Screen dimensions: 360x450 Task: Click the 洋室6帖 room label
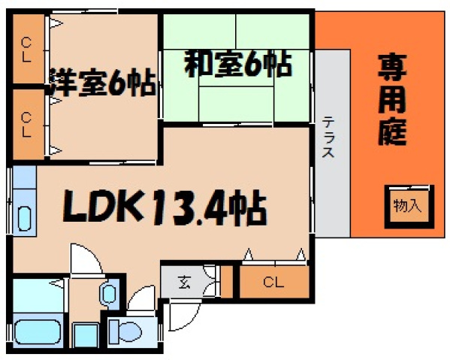pyautogui.click(x=102, y=82)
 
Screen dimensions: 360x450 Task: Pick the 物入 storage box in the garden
pyautogui.click(x=408, y=205)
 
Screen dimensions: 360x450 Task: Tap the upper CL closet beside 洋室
pyautogui.click(x=26, y=50)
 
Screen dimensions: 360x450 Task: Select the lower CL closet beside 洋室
pyautogui.click(x=26, y=123)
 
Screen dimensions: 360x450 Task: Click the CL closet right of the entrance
pyautogui.click(x=273, y=283)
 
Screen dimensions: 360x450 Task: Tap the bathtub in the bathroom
pyautogui.click(x=40, y=330)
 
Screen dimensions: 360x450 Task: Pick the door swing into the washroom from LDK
pyautogui.click(x=84, y=259)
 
